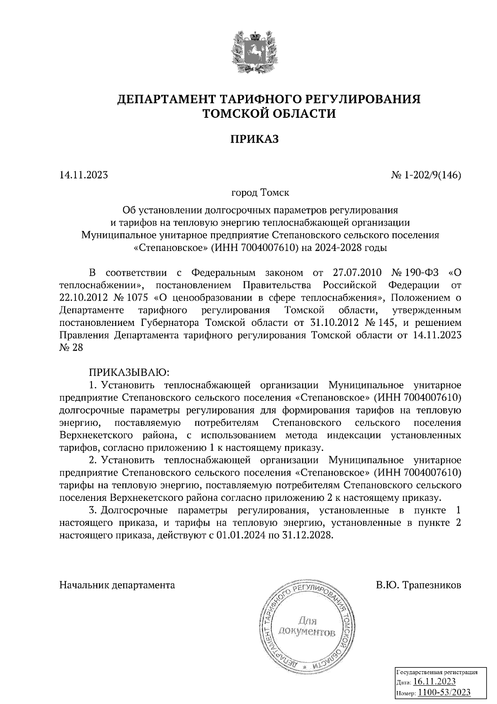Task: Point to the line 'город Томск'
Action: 260,193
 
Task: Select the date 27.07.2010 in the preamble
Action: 359,273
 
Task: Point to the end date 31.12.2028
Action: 308,535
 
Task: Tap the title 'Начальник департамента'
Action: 117,585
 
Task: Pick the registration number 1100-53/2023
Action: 444,692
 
